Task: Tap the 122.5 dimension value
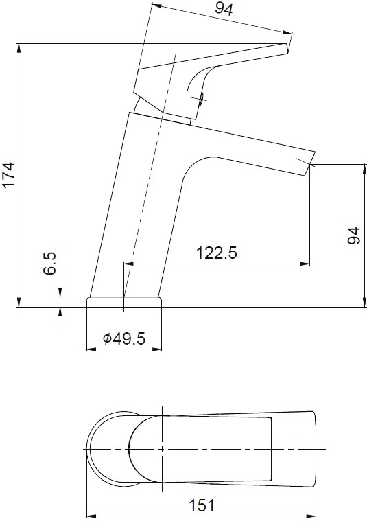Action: [217, 253]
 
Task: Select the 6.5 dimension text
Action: [49, 264]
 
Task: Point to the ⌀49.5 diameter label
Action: [124, 338]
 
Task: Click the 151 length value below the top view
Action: [202, 506]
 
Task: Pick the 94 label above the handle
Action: [224, 9]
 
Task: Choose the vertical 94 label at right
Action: [354, 235]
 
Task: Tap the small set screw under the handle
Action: [201, 99]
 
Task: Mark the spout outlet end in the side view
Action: [309, 164]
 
